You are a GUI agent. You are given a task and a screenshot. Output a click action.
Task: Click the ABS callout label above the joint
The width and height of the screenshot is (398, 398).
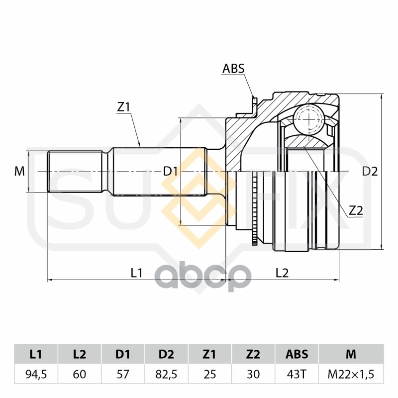[x=233, y=69]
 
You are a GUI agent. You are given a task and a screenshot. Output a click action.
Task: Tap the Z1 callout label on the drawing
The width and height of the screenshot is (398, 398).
[x=123, y=107]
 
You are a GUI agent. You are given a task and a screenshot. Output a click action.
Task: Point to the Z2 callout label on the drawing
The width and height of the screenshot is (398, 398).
[x=355, y=210]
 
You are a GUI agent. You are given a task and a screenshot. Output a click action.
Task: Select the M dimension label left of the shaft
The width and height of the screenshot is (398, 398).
[x=19, y=172]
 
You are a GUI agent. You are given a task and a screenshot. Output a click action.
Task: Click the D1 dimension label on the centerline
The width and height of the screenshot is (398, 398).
[x=171, y=172]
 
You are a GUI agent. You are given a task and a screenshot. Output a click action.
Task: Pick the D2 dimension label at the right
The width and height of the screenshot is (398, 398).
[x=370, y=172]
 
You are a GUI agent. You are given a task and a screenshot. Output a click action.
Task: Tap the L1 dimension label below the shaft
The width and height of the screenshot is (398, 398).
[x=137, y=272]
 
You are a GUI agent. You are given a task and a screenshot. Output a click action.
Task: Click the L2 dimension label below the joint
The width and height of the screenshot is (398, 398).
[x=282, y=272]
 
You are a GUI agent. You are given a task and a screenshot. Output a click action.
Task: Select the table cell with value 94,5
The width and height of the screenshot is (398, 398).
[x=36, y=374]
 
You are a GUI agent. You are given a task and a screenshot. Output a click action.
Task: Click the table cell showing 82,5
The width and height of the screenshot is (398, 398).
[x=166, y=374]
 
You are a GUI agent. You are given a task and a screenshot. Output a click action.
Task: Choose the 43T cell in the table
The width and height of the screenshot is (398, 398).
[x=297, y=374]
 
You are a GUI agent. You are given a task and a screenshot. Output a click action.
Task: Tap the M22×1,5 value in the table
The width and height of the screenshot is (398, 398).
[x=351, y=374]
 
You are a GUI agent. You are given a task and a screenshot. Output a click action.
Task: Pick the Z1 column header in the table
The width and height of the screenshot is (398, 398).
[x=209, y=354]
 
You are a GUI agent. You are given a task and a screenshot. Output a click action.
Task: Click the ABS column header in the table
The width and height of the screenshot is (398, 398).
[x=297, y=354]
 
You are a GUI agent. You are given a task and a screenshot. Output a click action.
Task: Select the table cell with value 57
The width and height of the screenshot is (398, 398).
[x=123, y=374]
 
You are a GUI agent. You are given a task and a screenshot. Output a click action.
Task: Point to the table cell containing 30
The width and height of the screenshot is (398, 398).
[x=253, y=374]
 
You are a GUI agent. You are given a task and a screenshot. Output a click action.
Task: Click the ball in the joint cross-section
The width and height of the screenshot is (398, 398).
[x=308, y=119]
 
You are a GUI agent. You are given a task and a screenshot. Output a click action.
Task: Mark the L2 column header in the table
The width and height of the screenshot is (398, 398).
[x=79, y=354]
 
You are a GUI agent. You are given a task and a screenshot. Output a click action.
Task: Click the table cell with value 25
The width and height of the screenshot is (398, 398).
[x=209, y=374]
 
